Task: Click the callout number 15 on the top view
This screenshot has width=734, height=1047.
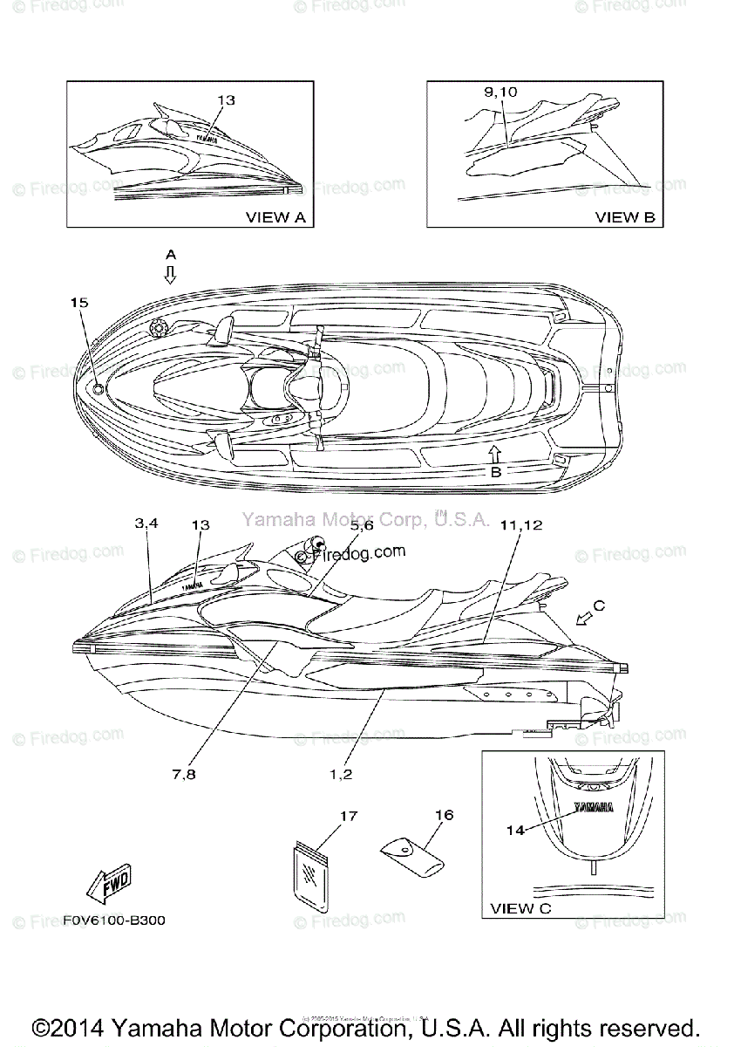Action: [79, 303]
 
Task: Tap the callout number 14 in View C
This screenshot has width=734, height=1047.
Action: [515, 830]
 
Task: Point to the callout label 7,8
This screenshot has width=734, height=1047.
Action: [183, 773]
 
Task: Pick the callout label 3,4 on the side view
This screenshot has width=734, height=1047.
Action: [146, 524]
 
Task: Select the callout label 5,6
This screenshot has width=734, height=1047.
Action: [362, 526]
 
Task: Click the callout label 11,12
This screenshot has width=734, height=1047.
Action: [521, 525]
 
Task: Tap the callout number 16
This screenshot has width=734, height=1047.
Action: [444, 815]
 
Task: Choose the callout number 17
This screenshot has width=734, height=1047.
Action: [349, 817]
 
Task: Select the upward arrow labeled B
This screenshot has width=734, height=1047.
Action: [494, 452]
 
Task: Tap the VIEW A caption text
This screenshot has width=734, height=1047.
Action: [275, 217]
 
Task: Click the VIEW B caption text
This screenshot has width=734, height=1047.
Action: [625, 217]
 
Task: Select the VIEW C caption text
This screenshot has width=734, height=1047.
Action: [520, 908]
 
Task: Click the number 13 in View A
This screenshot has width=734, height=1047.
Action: [226, 100]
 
